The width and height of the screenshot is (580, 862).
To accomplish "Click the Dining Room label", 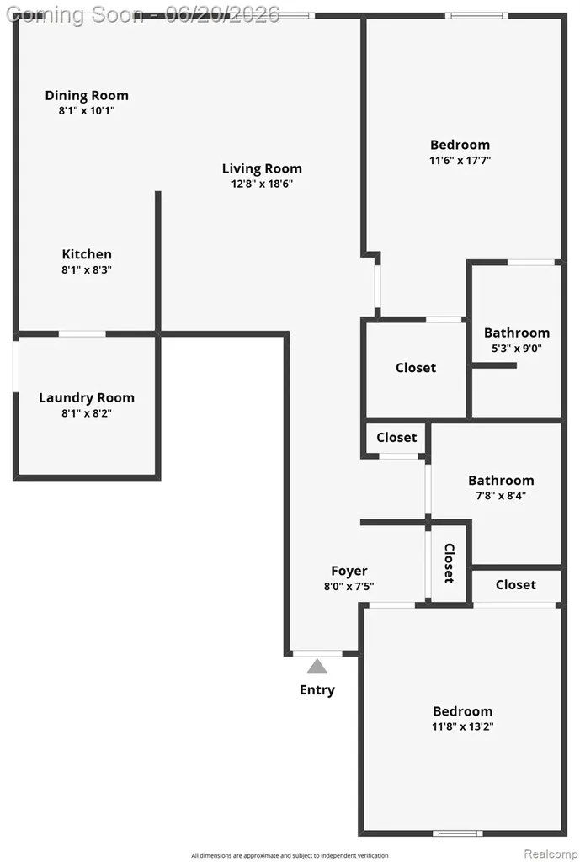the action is [x=87, y=96].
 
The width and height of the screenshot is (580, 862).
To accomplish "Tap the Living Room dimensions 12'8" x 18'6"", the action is [x=262, y=184].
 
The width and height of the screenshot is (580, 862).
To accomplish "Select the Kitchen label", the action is [x=87, y=254].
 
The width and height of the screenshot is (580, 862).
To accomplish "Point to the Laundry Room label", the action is [x=87, y=397].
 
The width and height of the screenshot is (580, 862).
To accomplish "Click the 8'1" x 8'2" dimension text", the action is [x=87, y=413].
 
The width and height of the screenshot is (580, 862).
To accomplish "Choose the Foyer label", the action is [x=349, y=572].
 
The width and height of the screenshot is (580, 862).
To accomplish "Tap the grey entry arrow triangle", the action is [x=317, y=667].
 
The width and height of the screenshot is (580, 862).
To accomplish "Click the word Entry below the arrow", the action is [x=317, y=690].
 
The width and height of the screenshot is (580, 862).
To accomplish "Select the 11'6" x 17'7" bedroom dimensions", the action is [x=460, y=161].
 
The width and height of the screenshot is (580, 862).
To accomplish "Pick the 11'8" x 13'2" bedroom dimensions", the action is [x=462, y=726].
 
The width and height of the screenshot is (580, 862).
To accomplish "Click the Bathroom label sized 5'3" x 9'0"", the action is [x=517, y=333].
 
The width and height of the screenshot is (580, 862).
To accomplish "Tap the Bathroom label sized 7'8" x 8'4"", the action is [x=501, y=481].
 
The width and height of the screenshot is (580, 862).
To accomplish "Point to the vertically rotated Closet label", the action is [x=450, y=563].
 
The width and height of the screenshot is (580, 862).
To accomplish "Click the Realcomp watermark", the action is [x=551, y=854].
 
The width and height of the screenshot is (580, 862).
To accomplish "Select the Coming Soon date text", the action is [x=143, y=14].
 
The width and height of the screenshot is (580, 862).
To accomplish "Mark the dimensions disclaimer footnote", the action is [x=290, y=855].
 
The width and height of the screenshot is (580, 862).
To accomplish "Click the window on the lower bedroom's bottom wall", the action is [x=457, y=833].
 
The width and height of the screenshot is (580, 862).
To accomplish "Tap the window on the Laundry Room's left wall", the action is [x=16, y=367].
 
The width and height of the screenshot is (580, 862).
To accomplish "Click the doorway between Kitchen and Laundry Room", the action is [x=82, y=333].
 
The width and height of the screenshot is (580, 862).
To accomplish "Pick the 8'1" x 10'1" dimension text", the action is [x=87, y=110].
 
